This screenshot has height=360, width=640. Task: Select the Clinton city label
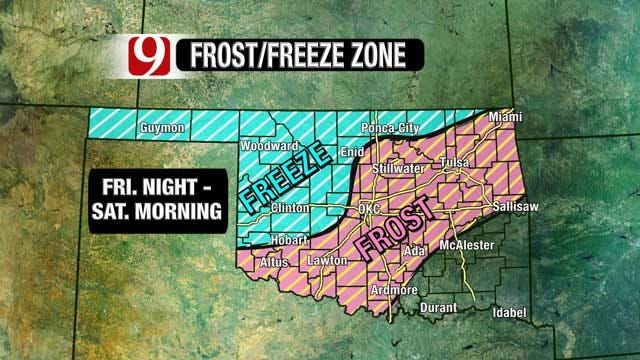(x=289, y=209)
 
